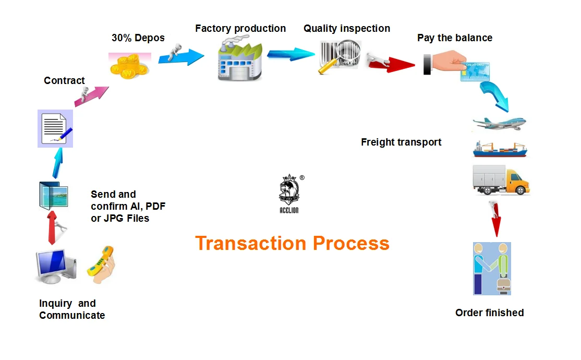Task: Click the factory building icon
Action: (239, 61)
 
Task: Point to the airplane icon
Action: (499, 124)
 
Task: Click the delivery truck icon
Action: (501, 180)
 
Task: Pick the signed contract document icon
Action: (55, 128)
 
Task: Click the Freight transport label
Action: (401, 142)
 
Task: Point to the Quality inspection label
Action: (347, 29)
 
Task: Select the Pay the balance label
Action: (454, 38)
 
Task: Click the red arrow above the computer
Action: (52, 227)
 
